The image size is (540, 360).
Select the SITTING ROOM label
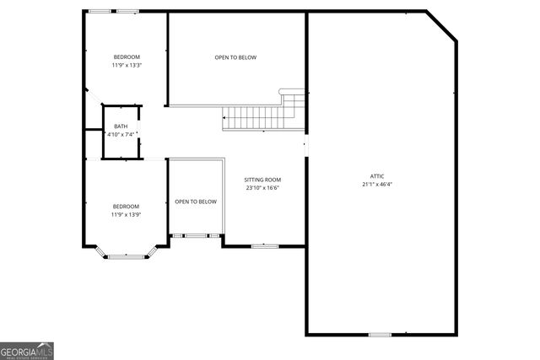click(262, 180)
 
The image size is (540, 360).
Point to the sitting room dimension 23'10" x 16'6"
click(262, 188)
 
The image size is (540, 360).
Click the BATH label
click(121, 126)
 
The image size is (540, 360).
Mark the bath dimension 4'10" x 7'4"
click(121, 134)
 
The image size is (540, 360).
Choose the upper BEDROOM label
click(126, 56)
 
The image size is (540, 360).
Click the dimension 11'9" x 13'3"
click(126, 65)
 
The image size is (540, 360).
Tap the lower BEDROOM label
click(126, 207)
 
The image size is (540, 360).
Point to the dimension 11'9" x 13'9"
click(126, 215)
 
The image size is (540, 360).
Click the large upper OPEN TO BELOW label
click(235, 57)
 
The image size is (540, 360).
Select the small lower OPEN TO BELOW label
click(196, 201)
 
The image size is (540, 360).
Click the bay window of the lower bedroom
click(126, 251)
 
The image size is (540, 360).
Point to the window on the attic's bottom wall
click(380, 335)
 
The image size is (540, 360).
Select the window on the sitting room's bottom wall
click(264, 245)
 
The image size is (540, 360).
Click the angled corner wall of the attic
click(442, 26)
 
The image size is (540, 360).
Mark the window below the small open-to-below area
click(196, 235)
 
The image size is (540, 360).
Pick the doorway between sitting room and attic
click(306, 146)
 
